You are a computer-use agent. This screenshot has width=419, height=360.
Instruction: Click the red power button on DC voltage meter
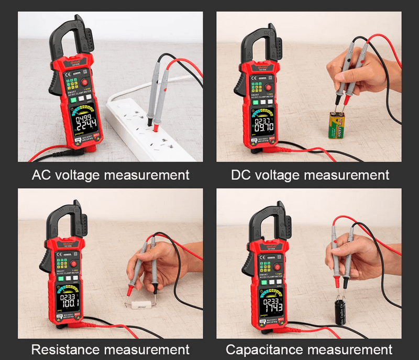[269, 88]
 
